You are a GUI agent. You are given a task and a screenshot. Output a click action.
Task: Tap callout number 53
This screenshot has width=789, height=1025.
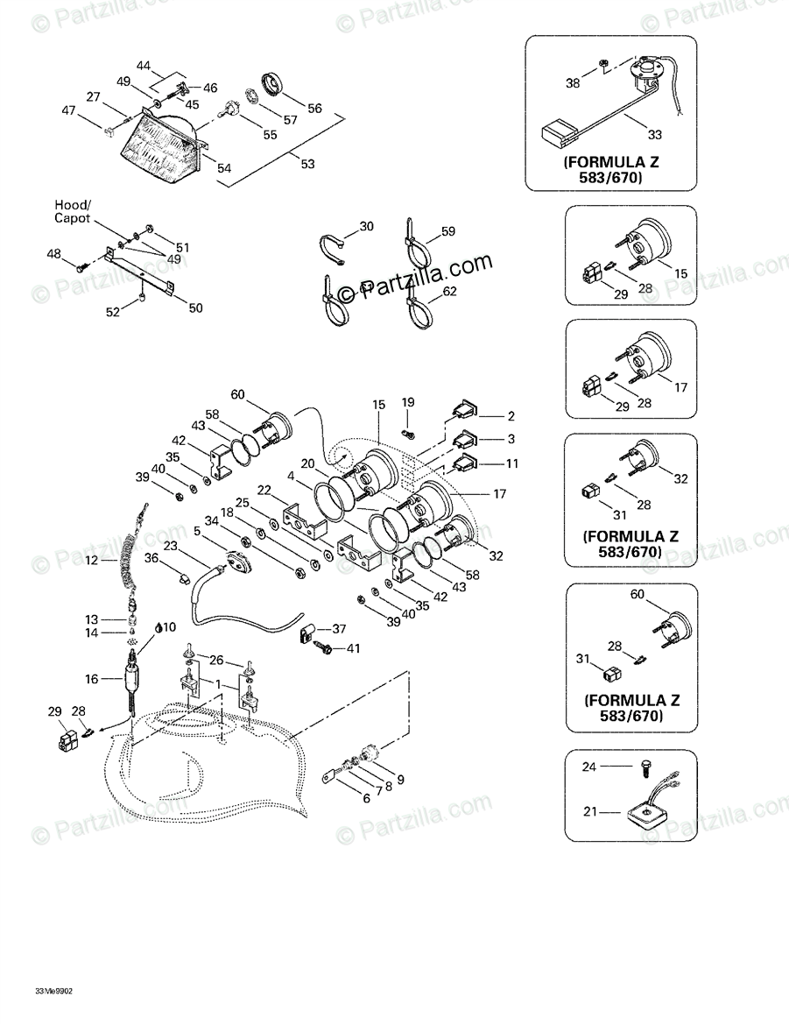307,164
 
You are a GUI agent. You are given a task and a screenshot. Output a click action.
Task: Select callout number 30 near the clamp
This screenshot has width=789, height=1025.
366,226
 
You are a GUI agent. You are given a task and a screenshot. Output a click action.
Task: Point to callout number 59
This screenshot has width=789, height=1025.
447,232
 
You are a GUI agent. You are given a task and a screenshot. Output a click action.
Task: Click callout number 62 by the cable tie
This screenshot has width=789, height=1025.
449,291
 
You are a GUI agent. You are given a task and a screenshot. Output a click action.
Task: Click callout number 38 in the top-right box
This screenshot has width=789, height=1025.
573,84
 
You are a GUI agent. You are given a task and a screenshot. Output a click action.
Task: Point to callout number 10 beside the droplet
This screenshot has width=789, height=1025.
169,626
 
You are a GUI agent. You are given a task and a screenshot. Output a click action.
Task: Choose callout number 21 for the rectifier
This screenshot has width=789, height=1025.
590,812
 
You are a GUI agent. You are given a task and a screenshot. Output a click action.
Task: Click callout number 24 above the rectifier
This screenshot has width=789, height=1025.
589,767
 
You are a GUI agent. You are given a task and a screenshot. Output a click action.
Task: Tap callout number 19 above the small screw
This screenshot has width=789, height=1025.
408,402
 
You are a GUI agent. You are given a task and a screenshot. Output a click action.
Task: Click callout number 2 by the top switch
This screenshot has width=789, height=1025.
511,416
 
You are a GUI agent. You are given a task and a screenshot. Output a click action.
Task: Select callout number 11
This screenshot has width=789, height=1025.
511,462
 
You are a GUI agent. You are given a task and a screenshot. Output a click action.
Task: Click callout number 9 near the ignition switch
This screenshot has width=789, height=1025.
400,779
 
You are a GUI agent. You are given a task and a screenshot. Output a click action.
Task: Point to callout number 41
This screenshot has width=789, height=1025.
353,649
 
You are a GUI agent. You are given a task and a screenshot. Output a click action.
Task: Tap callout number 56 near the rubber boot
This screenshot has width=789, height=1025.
314,108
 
